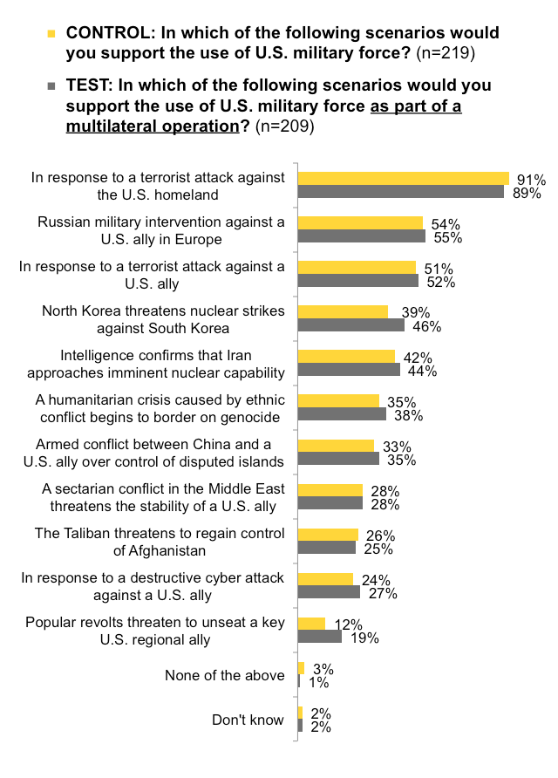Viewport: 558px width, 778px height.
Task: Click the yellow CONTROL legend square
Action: pos(51,34)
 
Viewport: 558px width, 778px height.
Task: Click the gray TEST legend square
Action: pos(51,86)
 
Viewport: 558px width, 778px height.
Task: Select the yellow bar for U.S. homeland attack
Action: pos(403,178)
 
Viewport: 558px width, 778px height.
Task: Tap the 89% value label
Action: pos(527,193)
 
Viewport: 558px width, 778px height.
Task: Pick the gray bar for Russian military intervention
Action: pos(361,236)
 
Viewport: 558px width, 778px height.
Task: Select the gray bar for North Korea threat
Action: pos(350,325)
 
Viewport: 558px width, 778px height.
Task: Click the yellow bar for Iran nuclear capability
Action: pos(346,356)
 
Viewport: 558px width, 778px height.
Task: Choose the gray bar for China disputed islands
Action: pos(338,459)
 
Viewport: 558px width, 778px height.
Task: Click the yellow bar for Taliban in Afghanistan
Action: pos(328,534)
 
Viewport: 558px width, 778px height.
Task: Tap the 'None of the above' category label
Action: pos(224,675)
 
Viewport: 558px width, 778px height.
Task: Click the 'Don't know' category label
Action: pos(248,720)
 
